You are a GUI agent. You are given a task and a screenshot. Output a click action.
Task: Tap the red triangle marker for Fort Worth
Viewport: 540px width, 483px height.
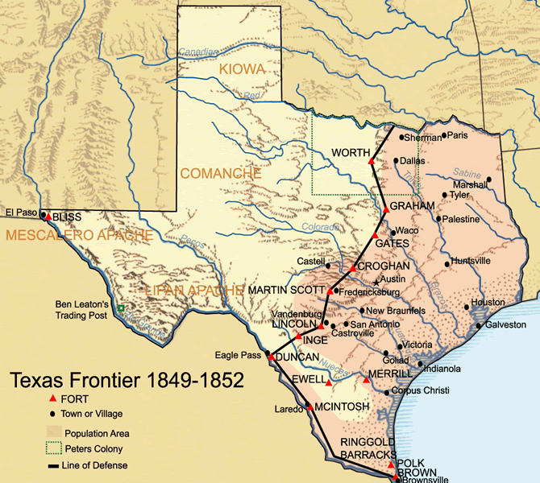[371, 162]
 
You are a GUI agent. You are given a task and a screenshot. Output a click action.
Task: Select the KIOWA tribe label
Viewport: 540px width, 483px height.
[242, 70]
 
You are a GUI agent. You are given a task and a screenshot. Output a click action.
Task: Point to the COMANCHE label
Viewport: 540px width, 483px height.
[220, 173]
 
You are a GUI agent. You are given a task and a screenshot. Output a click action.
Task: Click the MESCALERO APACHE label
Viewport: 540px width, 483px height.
[78, 235]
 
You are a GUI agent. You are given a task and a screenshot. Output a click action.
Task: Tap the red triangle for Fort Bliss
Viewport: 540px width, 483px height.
[48, 216]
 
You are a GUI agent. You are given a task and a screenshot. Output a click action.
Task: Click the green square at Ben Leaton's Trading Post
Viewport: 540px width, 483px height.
[121, 308]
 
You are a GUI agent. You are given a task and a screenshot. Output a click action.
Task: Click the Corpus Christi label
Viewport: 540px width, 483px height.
[421, 391]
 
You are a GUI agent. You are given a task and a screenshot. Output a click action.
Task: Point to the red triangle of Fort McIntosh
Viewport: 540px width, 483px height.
[309, 408]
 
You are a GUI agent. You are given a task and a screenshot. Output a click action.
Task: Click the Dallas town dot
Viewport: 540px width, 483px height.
[397, 161]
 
